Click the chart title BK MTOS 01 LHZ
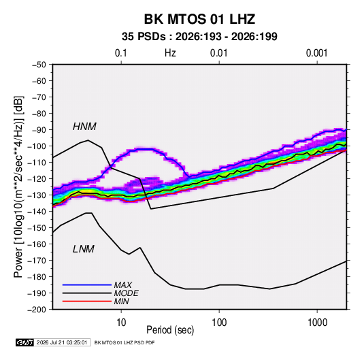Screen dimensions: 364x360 coord(199,19)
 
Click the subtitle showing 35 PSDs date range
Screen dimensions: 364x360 coord(199,37)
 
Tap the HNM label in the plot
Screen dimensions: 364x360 coord(84,127)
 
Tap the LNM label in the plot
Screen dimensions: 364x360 coord(84,249)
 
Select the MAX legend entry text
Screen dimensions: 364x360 coord(122,285)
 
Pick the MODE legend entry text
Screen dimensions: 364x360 coord(126,293)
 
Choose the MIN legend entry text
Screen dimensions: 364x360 coord(121,301)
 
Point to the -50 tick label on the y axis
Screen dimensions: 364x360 coord(39,65)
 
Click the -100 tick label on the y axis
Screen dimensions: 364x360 coord(37,146)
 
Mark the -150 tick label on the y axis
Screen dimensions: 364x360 coord(37,228)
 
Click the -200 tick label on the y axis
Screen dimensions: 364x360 coord(37,310)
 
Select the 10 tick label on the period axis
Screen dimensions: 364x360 coord(121,323)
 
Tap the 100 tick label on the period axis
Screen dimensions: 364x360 coord(219,323)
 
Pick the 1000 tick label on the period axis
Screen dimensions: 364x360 coord(318,323)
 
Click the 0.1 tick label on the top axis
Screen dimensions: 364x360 coord(121,53)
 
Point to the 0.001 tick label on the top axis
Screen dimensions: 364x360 coord(317,53)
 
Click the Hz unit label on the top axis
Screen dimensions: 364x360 coord(170,53)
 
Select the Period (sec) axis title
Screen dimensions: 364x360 coord(170,330)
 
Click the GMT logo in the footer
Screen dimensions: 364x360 coord(24,342)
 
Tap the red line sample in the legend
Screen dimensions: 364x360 coord(87,301)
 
